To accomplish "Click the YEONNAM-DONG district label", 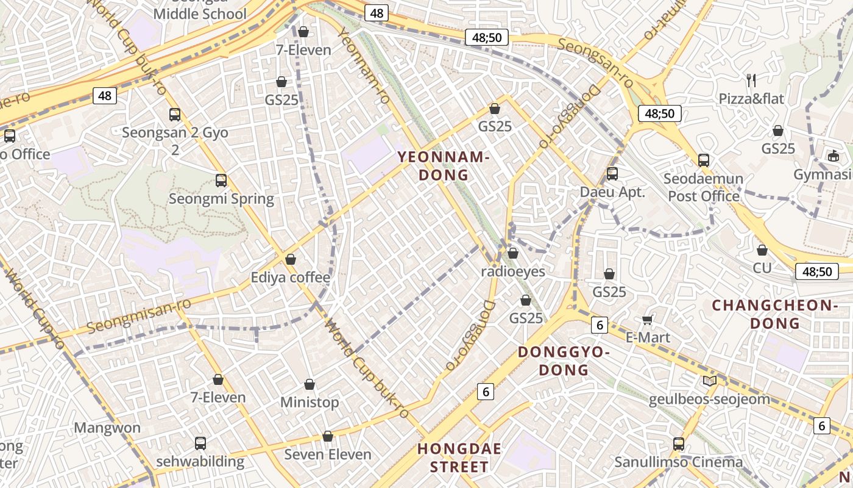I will point(443,166).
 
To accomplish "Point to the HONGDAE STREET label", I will point(459,458).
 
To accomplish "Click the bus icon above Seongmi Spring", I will point(221,181).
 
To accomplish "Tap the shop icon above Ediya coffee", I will point(291,259).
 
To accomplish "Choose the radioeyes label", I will point(513,271).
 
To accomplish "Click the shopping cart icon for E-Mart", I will point(648,320).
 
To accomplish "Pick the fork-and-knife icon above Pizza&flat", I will point(751,80).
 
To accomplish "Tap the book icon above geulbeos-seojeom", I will point(709,381).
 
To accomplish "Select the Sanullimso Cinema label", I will point(679,462).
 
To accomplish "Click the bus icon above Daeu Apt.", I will point(612,174).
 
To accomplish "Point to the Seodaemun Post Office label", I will point(704,187).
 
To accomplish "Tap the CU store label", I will point(762,268).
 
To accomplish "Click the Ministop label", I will point(310,403).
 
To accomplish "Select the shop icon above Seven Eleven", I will point(328,436).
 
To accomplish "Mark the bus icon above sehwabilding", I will point(200,443).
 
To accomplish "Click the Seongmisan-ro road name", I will point(139,315).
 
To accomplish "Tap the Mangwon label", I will point(107,428).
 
